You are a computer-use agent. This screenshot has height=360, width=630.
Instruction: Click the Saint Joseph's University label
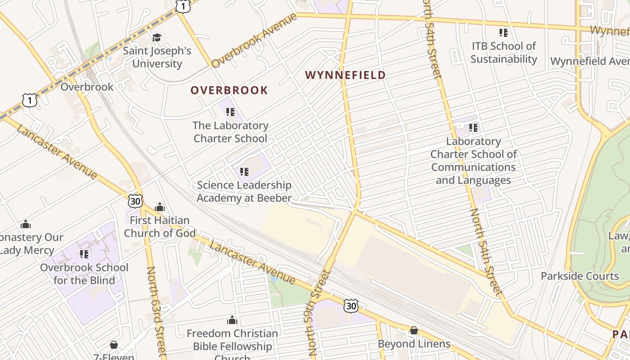(157, 57)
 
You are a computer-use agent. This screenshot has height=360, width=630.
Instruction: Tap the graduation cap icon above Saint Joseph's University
(157, 37)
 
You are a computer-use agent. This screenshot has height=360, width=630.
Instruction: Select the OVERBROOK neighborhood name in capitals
(229, 90)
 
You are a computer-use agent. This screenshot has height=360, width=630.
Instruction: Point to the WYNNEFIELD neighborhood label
(345, 75)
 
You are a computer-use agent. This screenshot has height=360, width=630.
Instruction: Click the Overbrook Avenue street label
(254, 40)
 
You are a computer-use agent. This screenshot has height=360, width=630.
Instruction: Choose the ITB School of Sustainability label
(504, 53)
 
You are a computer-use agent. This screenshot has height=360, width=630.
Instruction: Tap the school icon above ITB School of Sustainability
(504, 33)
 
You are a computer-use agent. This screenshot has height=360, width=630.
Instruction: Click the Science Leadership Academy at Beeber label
(244, 191)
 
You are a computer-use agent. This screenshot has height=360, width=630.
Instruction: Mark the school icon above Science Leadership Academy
(244, 171)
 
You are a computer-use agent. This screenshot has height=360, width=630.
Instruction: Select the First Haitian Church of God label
(160, 226)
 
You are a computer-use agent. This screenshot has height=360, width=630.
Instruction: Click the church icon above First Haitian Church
(160, 207)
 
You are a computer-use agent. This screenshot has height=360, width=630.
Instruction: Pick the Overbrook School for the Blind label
(84, 274)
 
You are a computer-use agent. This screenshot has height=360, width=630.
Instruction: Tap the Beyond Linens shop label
(414, 344)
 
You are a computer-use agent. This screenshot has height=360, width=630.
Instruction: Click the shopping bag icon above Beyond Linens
(414, 331)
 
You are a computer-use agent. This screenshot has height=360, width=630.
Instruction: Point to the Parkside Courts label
(580, 276)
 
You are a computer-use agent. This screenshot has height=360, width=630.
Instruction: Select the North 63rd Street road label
(156, 310)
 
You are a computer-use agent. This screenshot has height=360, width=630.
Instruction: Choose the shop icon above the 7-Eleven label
(114, 345)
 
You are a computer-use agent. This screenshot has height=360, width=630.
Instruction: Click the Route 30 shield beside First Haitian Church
(135, 201)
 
